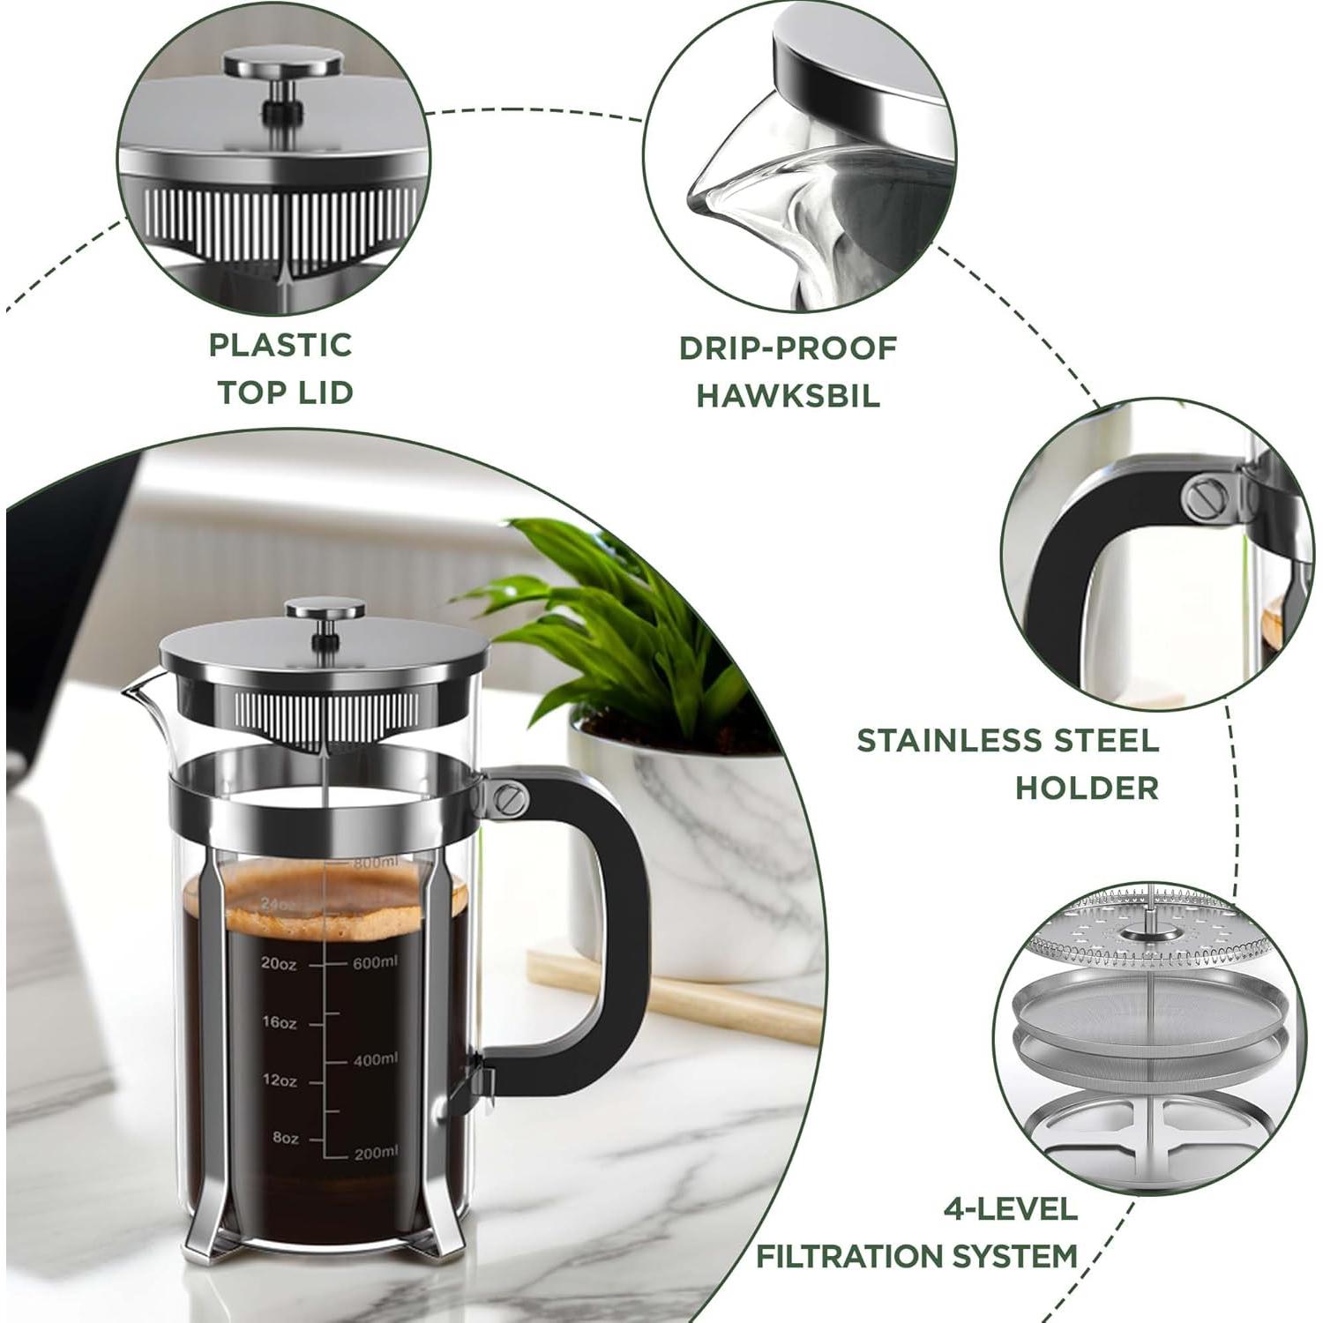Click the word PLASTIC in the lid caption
pos(280,345)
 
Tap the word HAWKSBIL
pos(789,395)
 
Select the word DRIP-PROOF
pos(788,348)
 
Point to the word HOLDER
pos(1087,788)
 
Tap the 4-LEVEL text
pos(1011,1207)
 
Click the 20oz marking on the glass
pos(279,964)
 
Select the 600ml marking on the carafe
pos(375,962)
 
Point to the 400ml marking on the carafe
pos(375,1058)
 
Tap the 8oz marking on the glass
pos(285,1138)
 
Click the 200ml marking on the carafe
pos(375,1152)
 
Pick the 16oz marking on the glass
pos(279,1022)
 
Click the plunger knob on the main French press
pos(325,609)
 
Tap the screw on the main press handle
pos(506,798)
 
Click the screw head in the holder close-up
pos(1205,500)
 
